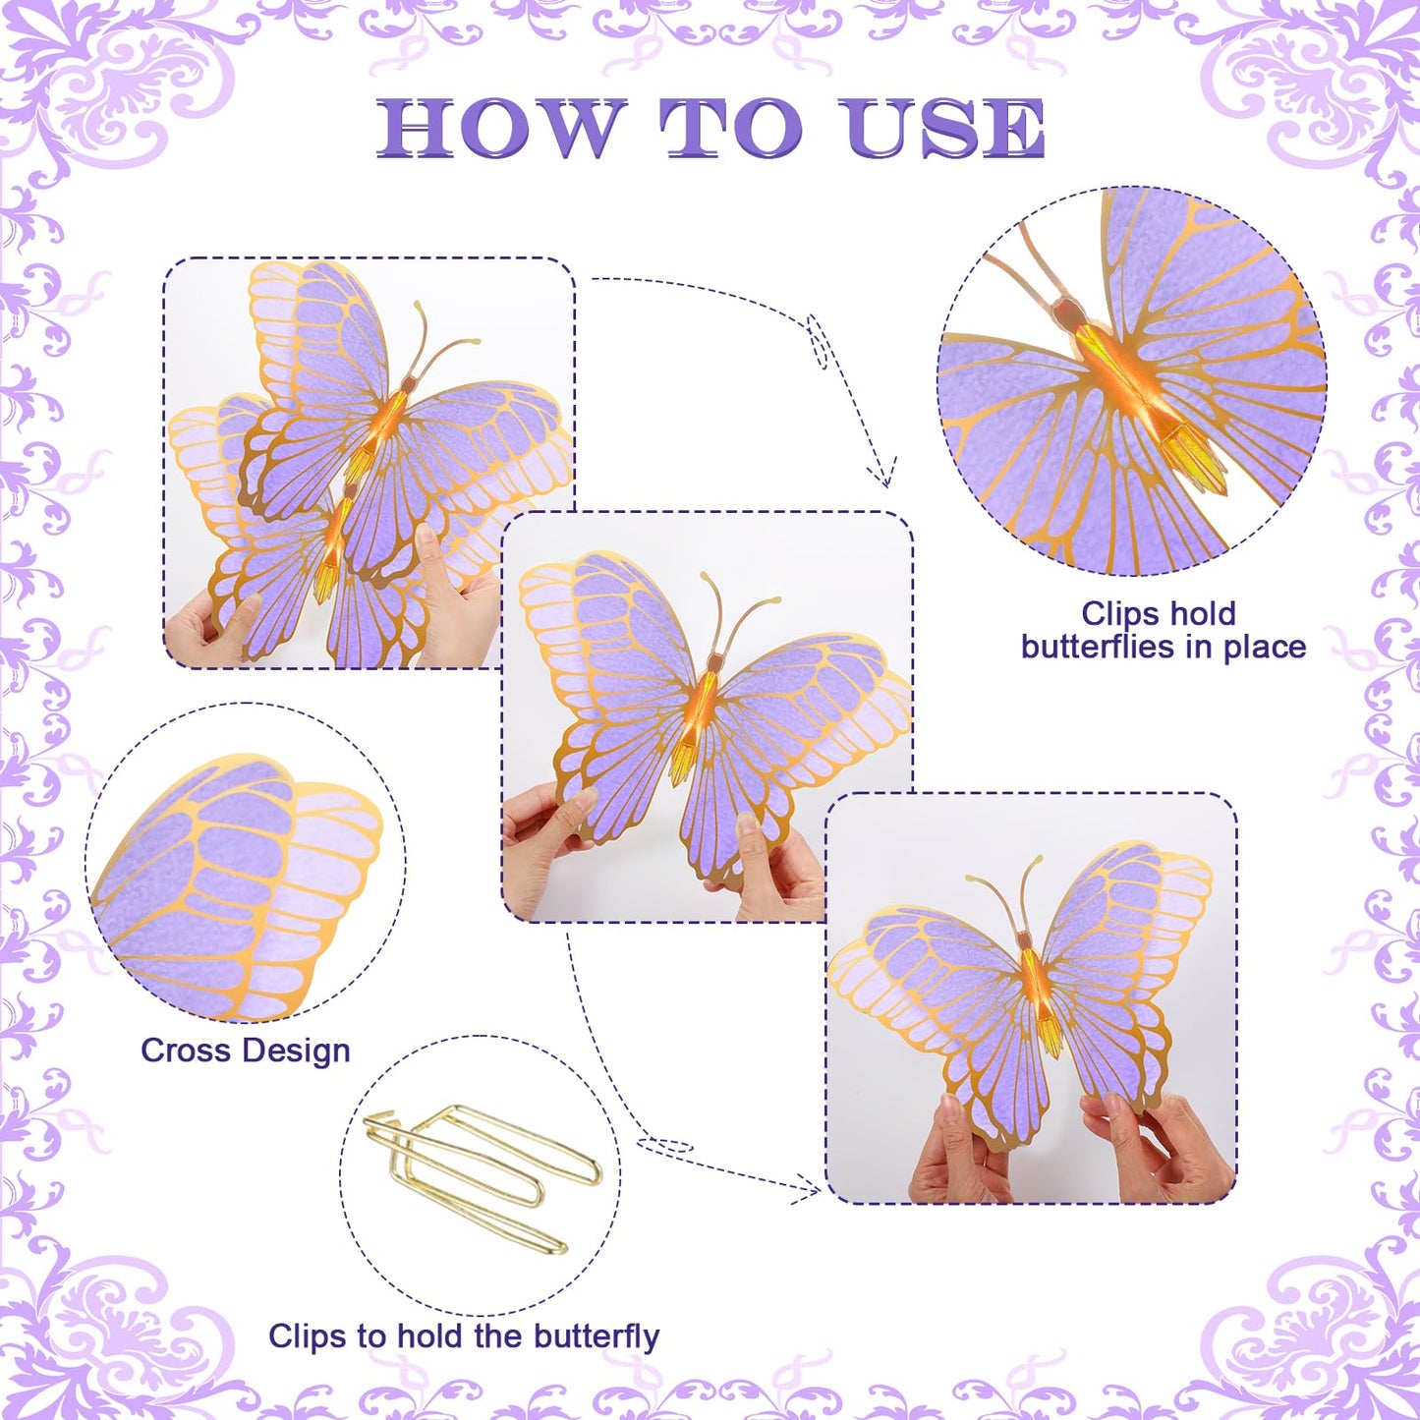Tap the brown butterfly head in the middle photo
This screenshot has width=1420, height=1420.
pos(713,660)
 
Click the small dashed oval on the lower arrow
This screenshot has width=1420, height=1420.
pos(664,1147)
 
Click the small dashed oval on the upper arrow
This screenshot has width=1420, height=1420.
pos(818,341)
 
